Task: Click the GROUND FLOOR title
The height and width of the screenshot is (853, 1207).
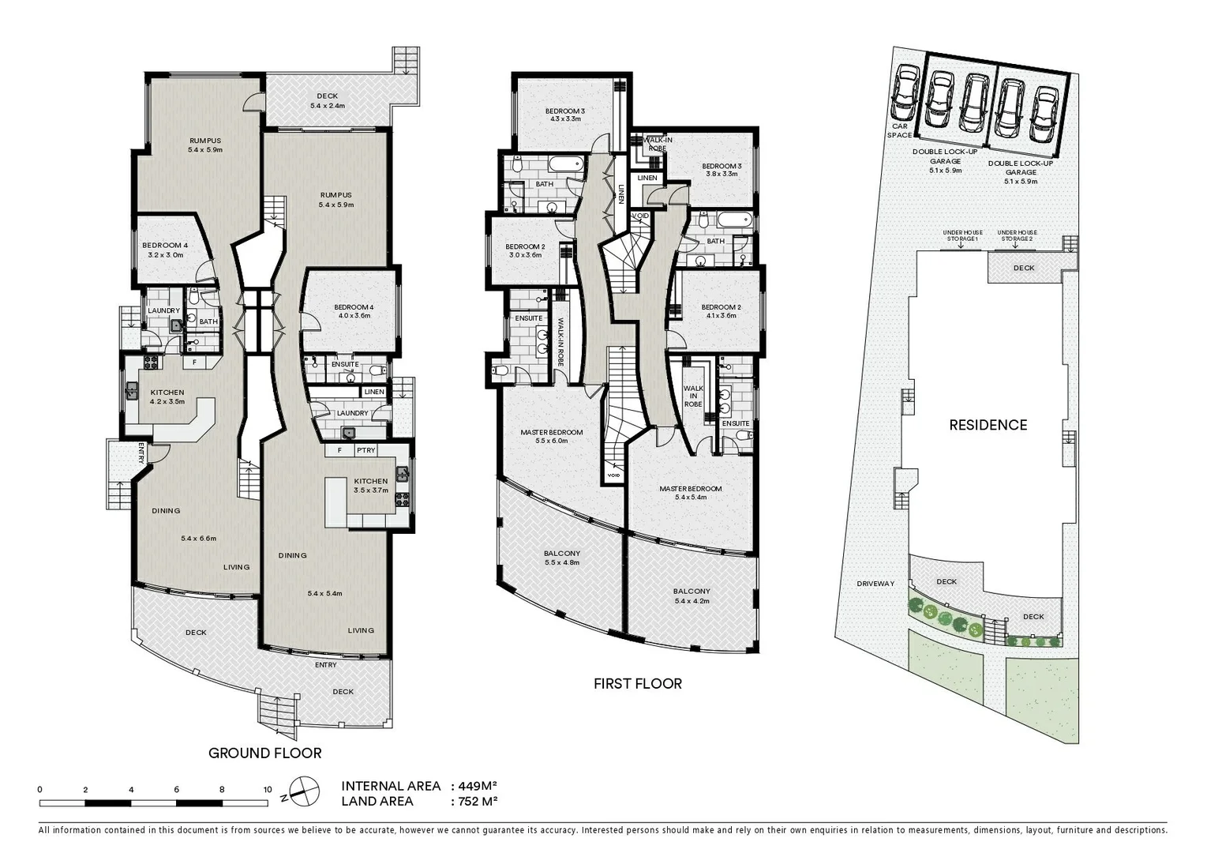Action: click(264, 753)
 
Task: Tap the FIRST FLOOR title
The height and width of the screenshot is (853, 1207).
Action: click(638, 684)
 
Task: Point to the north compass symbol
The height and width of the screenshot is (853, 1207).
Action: click(304, 791)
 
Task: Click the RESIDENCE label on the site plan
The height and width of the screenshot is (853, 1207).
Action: click(988, 425)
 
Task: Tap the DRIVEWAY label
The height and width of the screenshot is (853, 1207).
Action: click(875, 584)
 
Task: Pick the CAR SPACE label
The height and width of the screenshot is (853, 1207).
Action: click(900, 130)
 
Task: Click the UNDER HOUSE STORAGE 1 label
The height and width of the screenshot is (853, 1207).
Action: click(962, 235)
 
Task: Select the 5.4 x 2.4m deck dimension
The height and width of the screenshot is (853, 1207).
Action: click(327, 106)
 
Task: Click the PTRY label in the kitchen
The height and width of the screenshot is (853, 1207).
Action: click(365, 450)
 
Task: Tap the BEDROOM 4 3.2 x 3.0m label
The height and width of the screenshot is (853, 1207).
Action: click(166, 250)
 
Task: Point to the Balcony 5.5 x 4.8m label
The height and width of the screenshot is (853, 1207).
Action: click(562, 558)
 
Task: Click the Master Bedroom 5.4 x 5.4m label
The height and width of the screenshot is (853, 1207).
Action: click(690, 493)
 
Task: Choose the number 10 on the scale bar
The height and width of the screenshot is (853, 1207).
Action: click(268, 789)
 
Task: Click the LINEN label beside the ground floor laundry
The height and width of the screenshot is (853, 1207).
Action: click(374, 392)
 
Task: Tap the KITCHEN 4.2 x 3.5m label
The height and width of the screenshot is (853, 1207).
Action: click(167, 396)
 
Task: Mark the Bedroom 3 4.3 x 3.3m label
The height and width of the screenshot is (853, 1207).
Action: click(565, 115)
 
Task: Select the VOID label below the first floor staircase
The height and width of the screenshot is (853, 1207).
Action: click(613, 475)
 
